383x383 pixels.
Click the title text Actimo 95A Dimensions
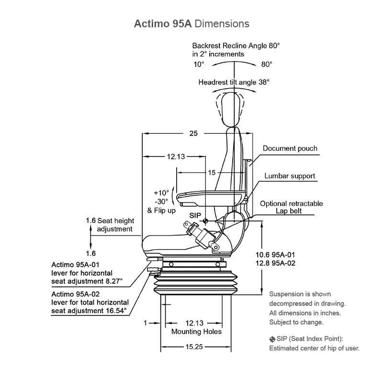[191, 23]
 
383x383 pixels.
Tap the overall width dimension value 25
[193, 134]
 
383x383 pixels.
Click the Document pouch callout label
[290, 148]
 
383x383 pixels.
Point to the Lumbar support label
[290, 176]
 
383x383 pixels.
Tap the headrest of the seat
[230, 108]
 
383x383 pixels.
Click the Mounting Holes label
[196, 331]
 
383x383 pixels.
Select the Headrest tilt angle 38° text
[234, 82]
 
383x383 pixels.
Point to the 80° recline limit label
[267, 64]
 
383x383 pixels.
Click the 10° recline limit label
[199, 64]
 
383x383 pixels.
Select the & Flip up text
[162, 211]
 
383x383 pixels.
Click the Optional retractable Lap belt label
[291, 207]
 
